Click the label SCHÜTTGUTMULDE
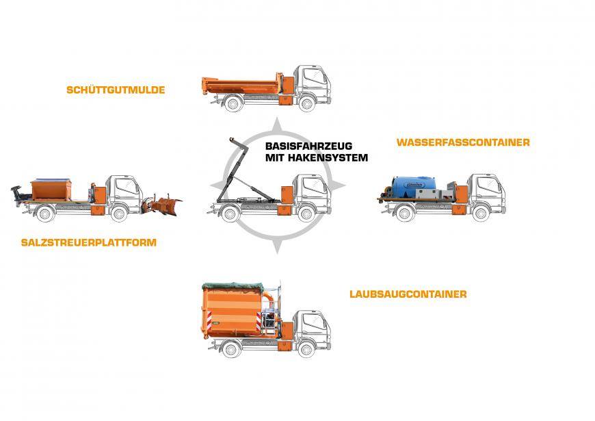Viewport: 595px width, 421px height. [116, 90]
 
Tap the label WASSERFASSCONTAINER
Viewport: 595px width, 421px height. [463, 142]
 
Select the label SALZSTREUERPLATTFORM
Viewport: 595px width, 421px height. [89, 242]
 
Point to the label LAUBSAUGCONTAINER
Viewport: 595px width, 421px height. [408, 294]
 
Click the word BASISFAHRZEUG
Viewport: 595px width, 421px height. [308, 146]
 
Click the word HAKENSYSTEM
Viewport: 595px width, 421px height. [328, 157]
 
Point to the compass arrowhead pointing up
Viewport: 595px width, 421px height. [278, 125]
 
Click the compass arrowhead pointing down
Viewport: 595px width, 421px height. [278, 246]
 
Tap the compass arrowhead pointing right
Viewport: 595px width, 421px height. [338, 186]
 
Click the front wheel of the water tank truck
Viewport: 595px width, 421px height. [481, 214]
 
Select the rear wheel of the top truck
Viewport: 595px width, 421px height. [233, 103]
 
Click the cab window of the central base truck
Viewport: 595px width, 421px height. [314, 186]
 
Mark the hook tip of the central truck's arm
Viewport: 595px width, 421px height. [231, 140]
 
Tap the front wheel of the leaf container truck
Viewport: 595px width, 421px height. [306, 349]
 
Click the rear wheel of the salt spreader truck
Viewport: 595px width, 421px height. [44, 214]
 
